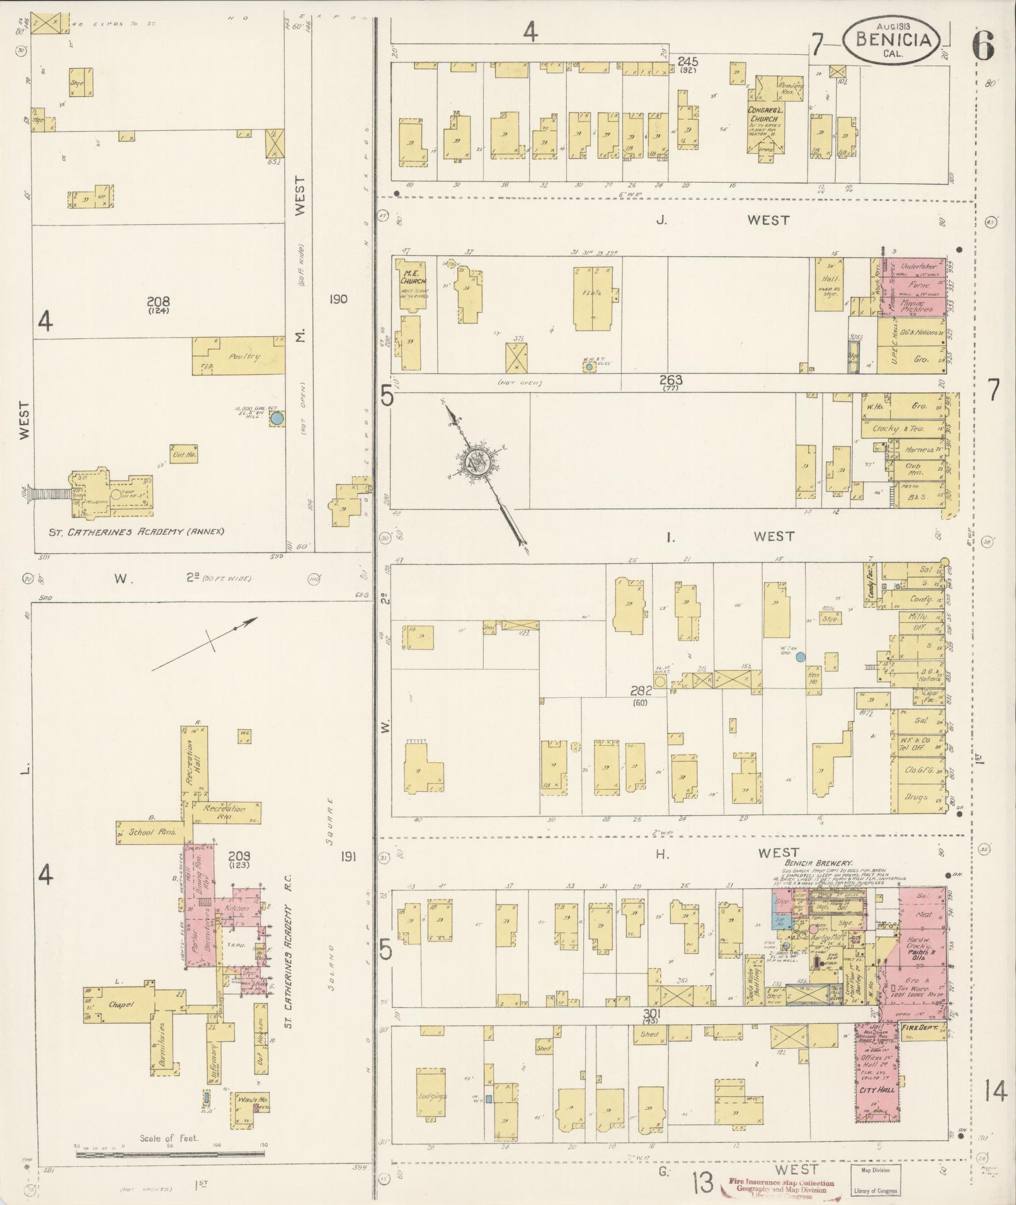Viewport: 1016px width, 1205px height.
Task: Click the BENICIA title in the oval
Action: [893, 40]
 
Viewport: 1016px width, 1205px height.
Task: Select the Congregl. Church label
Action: [763, 115]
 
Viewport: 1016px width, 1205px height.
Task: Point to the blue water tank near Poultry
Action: [277, 418]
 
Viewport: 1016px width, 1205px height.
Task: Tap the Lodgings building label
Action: [432, 1096]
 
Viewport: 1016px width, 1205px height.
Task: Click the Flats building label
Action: [592, 293]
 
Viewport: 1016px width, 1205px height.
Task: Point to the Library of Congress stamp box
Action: [874, 1179]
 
